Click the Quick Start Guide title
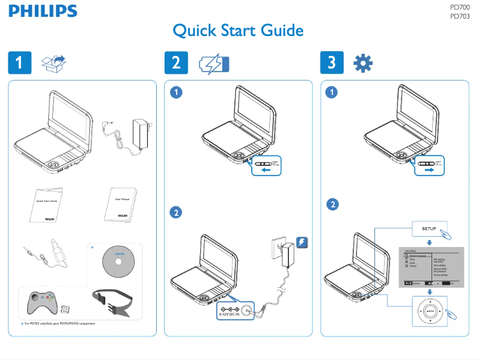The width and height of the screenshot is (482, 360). point(238,31)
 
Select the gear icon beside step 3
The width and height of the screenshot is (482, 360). point(362,63)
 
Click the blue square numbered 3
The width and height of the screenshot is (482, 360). point(332,63)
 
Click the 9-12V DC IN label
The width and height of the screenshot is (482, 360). point(229,313)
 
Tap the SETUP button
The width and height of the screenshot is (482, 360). point(429,229)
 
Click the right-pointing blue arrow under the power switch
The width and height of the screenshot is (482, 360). point(429,170)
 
